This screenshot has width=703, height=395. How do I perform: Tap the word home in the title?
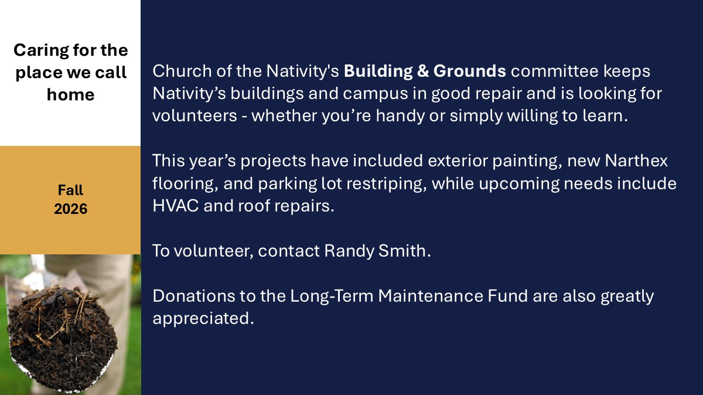[71, 94]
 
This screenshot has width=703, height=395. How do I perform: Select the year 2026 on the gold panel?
[71, 209]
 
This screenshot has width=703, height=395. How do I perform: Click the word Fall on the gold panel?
[70, 190]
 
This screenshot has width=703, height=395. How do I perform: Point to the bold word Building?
[378, 71]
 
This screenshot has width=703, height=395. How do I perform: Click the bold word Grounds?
[469, 71]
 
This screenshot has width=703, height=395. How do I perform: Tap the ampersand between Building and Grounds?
[423, 71]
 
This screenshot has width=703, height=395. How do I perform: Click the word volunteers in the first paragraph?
[194, 115]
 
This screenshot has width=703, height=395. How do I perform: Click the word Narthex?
[636, 161]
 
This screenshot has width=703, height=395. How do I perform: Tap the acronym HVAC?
[176, 206]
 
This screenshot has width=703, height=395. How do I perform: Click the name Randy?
[349, 252]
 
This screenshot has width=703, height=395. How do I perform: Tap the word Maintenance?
[431, 296]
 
